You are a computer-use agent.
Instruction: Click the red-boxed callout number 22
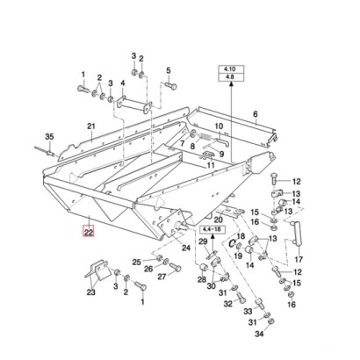point(89,232)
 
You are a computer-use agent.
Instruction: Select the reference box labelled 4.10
point(231,69)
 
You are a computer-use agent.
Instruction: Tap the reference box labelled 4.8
point(231,77)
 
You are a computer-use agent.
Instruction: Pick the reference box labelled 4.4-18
point(212,229)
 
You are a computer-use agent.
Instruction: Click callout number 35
point(49,137)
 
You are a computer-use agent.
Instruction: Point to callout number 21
point(91,126)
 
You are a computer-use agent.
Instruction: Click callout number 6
point(256,113)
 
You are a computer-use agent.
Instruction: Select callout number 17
point(299,259)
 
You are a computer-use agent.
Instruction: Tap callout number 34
point(259,334)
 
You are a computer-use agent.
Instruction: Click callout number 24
point(186,248)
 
